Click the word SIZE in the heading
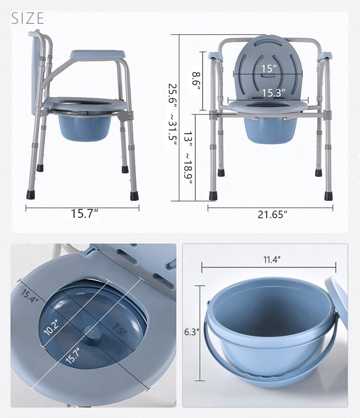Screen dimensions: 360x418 point(28,18)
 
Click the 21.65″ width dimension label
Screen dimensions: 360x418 point(273,214)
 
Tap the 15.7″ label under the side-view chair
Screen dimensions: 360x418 point(84,214)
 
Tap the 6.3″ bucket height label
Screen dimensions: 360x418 point(192,332)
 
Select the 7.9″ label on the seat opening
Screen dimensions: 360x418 point(119,329)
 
